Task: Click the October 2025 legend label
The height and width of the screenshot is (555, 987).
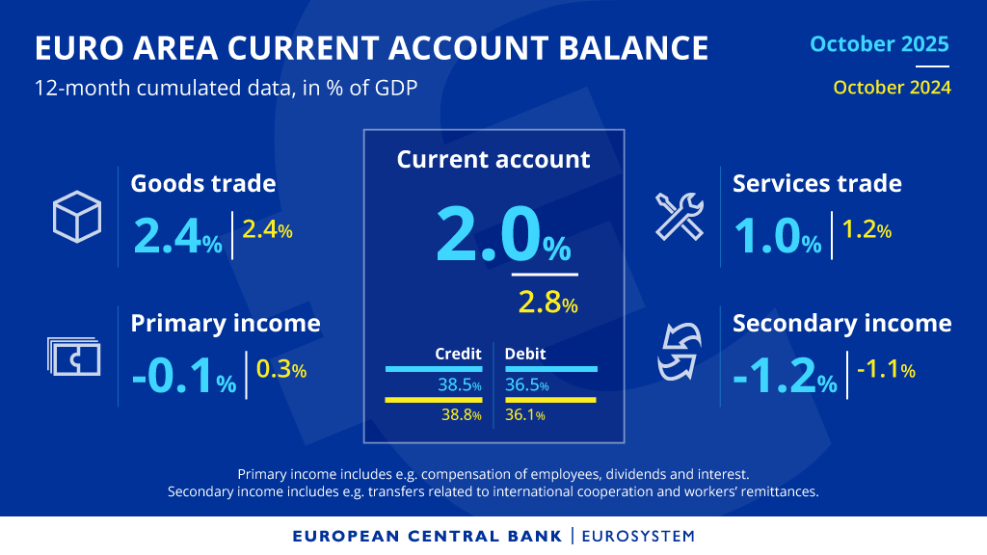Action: tap(879, 44)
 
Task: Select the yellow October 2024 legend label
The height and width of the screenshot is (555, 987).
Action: tap(892, 88)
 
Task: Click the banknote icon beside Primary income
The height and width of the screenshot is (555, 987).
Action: tap(73, 356)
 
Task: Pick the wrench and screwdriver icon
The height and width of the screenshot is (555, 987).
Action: tap(680, 215)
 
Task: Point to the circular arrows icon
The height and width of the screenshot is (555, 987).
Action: tap(680, 353)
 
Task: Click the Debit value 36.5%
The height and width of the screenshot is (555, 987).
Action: tap(527, 385)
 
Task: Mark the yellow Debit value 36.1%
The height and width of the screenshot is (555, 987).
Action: tap(525, 415)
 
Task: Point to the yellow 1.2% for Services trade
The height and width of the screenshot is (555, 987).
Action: tap(867, 230)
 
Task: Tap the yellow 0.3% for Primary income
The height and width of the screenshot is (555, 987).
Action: tap(281, 370)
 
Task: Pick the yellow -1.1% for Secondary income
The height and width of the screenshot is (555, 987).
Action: tap(885, 370)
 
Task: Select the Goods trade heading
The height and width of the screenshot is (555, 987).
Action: tap(202, 183)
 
